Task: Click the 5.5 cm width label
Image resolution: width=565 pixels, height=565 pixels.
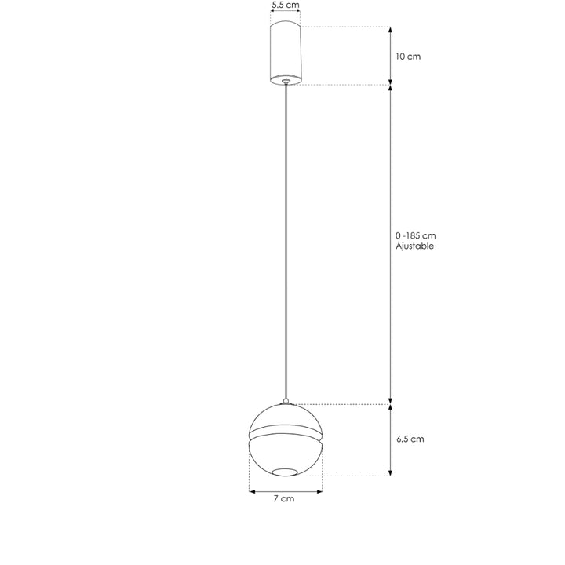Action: coord(285,5)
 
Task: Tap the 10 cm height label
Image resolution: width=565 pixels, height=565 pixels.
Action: coord(408,56)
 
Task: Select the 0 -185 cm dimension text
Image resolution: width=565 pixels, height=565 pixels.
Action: coord(415,235)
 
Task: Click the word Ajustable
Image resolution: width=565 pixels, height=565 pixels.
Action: coord(415,246)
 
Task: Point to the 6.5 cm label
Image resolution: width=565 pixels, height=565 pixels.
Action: coord(410,439)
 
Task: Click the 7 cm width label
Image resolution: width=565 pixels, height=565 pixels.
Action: coord(284,499)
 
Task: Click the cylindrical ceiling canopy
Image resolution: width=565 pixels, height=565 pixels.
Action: coord(286,51)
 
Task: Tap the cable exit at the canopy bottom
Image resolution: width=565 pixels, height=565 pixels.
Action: coord(286,80)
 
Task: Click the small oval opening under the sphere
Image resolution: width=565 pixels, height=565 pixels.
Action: coord(286,471)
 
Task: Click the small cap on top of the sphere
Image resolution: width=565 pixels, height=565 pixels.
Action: coord(286,403)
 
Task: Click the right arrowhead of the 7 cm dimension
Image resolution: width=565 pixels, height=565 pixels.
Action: coord(320,492)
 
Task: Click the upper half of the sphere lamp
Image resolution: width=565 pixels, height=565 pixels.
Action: coord(286,418)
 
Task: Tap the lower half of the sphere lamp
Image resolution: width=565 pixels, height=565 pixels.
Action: coord(286,453)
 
